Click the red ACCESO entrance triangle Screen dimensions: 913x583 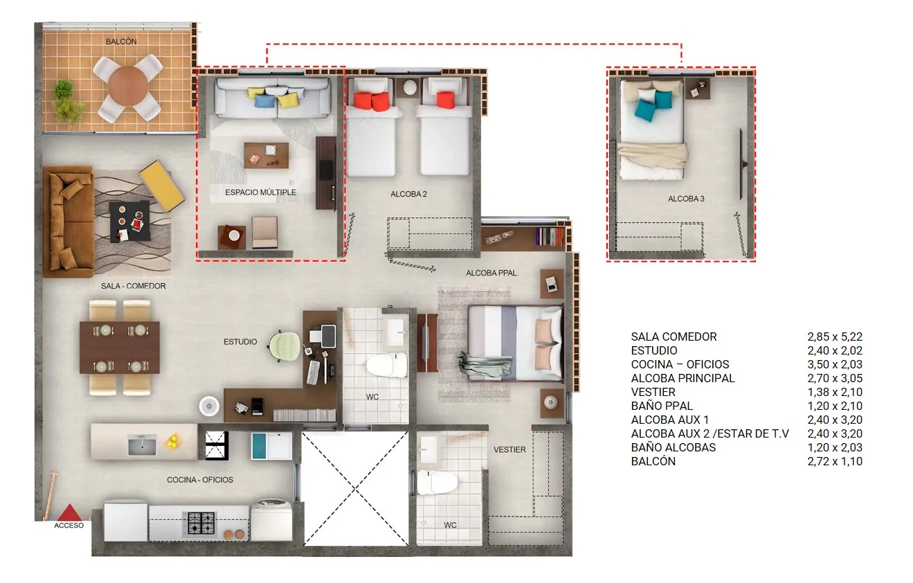coord(70,513)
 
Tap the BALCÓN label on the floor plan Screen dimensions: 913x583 coord(121,42)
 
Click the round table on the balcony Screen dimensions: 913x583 coord(128,86)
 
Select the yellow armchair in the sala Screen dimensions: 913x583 coord(162,186)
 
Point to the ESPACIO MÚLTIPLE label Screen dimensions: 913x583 coord(260,192)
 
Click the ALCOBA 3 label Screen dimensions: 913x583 coord(686,199)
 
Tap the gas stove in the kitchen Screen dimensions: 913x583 coord(201,523)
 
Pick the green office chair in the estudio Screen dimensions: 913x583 coord(284,346)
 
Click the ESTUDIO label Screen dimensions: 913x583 coord(240,341)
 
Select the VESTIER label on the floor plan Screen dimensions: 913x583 coord(509,449)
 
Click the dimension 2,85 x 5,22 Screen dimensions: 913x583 coord(835,337)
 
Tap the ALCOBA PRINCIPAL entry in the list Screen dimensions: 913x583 coord(683,378)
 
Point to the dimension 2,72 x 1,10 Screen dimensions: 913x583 coord(835,462)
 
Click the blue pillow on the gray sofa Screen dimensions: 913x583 coord(264,100)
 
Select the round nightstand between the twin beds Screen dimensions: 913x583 coord(410,87)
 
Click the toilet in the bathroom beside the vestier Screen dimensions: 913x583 coord(437,483)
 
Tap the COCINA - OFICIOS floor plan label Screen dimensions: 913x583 coord(200,480)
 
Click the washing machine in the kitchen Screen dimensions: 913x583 coord(271,521)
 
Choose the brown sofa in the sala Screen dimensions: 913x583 coord(68,222)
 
